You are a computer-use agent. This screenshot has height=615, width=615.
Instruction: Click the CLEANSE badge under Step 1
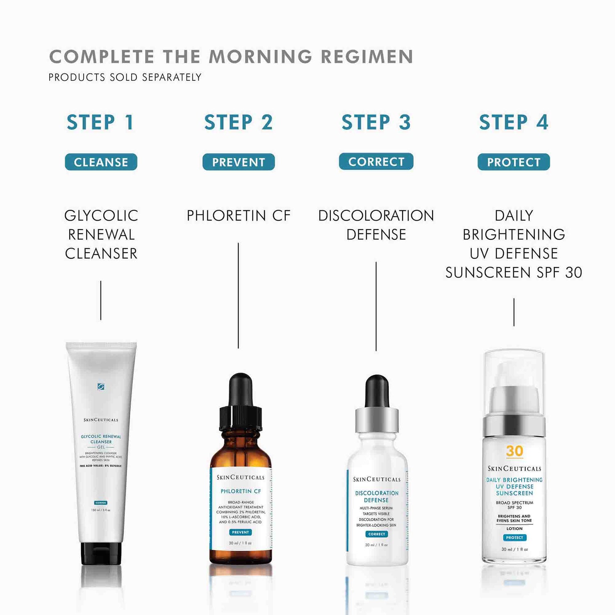[101, 162]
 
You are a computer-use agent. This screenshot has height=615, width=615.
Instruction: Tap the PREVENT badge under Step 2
[239, 162]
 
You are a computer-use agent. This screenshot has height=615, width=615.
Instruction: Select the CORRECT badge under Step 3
[376, 162]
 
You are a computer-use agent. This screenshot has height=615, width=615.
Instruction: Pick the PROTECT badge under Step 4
[514, 162]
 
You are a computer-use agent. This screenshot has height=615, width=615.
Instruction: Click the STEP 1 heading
[101, 122]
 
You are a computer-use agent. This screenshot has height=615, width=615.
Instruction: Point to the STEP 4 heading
[514, 122]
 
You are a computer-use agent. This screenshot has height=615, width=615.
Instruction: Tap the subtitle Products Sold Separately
[125, 77]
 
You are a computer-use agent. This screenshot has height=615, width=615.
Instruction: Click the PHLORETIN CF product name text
[239, 216]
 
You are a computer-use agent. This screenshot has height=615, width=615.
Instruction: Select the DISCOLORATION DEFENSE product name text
[376, 225]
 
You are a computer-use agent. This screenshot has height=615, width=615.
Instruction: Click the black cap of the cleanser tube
[101, 553]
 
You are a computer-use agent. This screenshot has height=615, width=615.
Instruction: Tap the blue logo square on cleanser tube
[101, 386]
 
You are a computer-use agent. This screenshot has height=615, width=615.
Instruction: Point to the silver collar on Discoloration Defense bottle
[377, 420]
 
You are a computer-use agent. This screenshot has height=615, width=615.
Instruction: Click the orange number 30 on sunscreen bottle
[514, 451]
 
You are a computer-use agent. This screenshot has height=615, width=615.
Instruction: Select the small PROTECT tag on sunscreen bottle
[514, 538]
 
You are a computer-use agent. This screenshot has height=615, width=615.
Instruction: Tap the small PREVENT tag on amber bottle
[240, 532]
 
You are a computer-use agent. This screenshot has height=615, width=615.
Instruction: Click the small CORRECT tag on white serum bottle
[376, 534]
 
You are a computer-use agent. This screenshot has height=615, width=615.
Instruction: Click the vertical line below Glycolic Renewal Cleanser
[101, 300]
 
